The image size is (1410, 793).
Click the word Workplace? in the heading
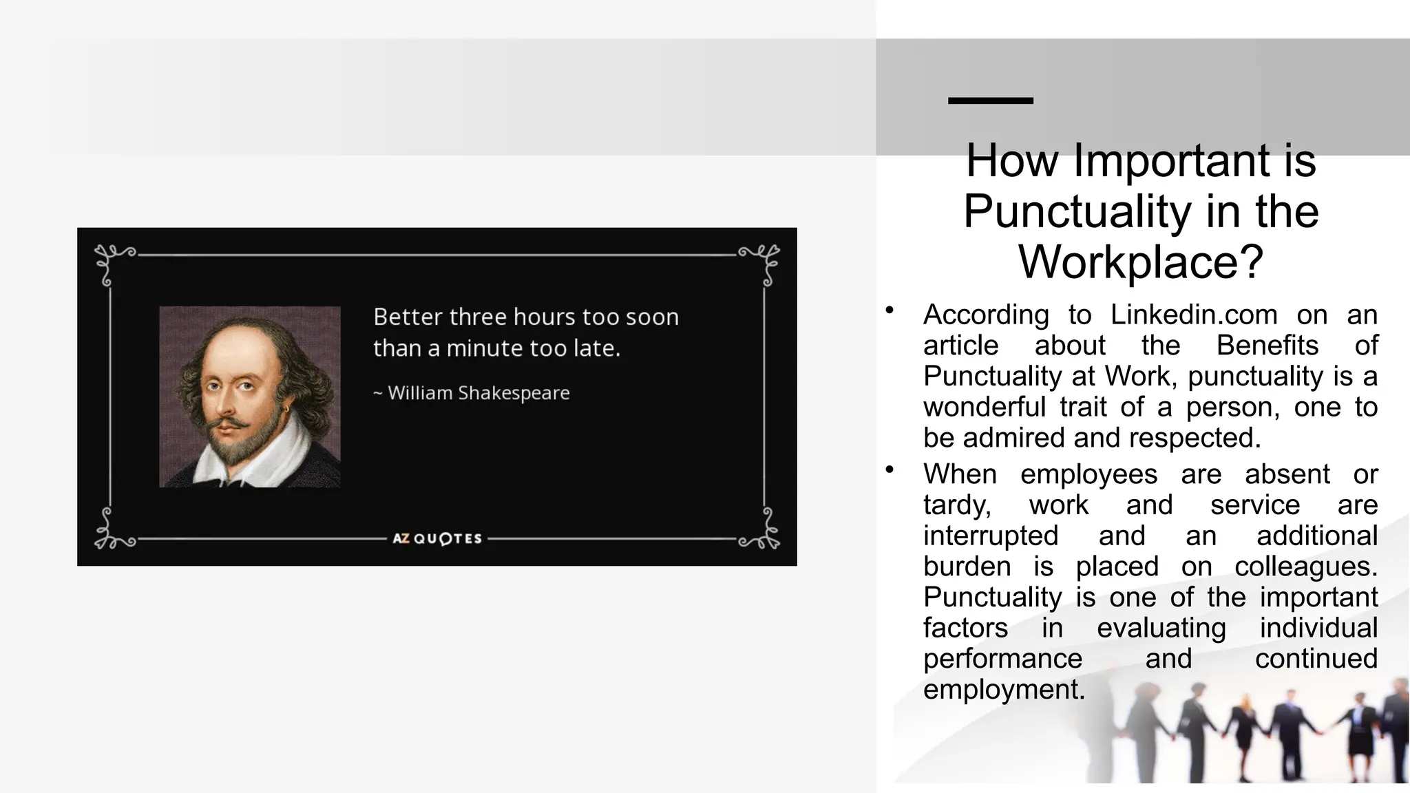1141,262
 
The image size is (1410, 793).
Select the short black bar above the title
991,101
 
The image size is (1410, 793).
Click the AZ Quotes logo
437,538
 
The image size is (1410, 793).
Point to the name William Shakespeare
478,393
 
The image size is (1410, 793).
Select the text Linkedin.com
1194,315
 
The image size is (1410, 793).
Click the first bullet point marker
890,310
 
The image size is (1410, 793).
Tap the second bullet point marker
890,469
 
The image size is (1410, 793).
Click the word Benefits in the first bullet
1267,346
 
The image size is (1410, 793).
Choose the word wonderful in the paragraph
985,408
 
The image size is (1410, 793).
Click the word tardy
957,506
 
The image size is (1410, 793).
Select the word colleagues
1305,567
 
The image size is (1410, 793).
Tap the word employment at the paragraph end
1004,689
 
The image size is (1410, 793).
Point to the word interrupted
991,536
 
